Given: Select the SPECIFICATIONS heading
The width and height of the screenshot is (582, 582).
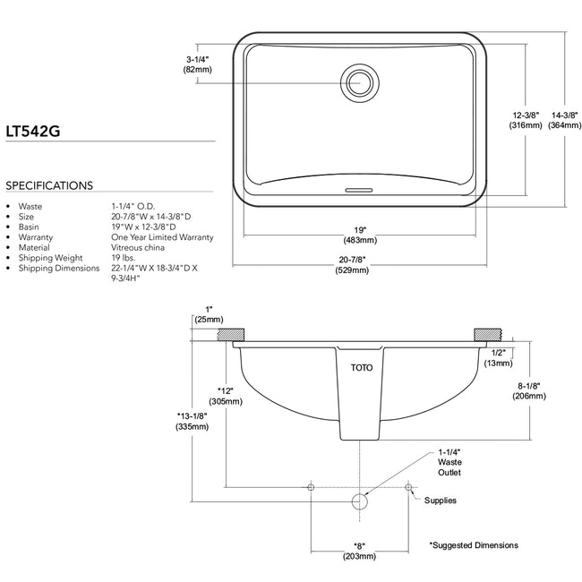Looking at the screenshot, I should coord(49,186).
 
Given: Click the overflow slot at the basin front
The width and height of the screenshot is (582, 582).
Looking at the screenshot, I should coord(359,190).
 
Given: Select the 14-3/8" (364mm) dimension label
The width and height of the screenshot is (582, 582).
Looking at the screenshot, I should coord(565,120).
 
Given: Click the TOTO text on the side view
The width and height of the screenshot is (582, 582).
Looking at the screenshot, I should coord(361,367).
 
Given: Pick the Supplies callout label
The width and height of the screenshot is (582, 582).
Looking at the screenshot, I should coord(440,501).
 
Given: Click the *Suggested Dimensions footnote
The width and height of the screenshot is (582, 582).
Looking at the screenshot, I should coord(473,544).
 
